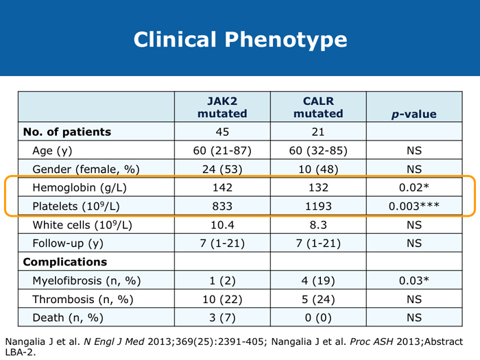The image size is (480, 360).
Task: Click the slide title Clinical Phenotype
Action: (240, 39)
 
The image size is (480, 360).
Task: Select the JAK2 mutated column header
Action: (222, 107)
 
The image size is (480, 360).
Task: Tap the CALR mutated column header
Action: (318, 107)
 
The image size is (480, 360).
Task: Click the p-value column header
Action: (413, 114)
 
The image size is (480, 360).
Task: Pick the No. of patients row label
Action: (67, 132)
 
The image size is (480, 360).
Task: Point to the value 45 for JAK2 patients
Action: (222, 132)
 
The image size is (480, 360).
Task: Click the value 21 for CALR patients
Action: (318, 132)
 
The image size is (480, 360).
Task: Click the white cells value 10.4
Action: (222, 225)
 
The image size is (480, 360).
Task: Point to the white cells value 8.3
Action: (318, 225)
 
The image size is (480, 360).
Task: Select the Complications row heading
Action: (65, 262)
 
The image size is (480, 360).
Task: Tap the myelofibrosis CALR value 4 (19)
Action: (318, 280)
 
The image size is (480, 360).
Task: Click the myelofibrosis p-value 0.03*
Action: (413, 280)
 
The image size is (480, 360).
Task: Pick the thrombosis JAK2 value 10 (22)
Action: (222, 299)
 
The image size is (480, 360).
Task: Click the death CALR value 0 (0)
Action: (318, 317)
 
